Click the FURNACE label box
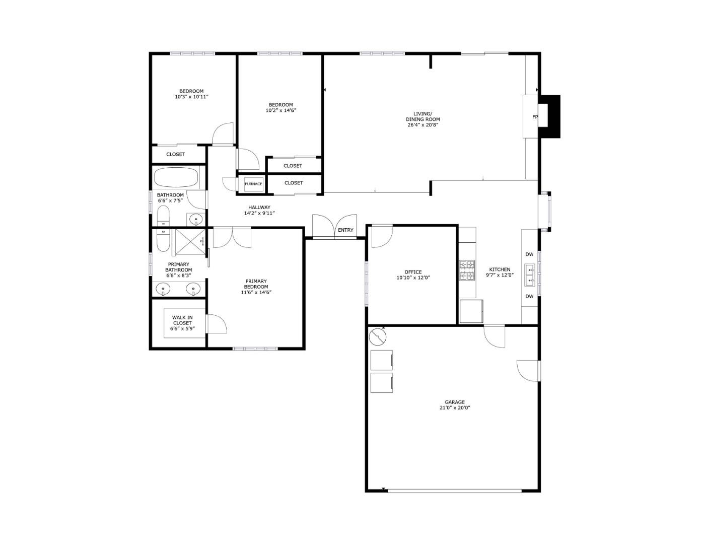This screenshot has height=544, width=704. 253,184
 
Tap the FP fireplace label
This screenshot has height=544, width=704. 535,117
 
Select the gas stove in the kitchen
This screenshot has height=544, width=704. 467,270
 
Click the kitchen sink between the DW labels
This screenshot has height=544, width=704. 529,275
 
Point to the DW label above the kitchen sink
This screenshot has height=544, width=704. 529,254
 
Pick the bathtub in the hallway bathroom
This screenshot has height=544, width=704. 177,178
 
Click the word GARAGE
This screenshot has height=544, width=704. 454,402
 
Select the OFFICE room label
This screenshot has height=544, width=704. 413,272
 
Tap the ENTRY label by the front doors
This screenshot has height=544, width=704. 345,230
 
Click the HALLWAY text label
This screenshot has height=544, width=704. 259,207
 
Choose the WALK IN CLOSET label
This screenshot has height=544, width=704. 182,320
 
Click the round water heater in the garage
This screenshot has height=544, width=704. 376,336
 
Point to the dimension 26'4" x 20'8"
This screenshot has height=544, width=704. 423,125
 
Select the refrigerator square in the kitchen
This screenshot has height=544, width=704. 471,311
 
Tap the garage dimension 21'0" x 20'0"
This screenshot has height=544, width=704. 454,408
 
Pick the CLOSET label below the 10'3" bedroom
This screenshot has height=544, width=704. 175,154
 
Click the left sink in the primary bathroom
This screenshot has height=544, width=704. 162,289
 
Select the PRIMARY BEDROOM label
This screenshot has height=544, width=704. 256,284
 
